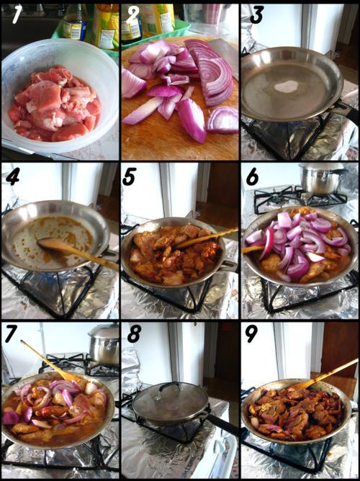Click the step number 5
[130, 177]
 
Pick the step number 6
[252, 177]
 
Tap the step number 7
[12, 335]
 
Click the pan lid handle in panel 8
[169, 386]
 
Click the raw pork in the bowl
[55, 104]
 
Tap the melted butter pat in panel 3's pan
[287, 86]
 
